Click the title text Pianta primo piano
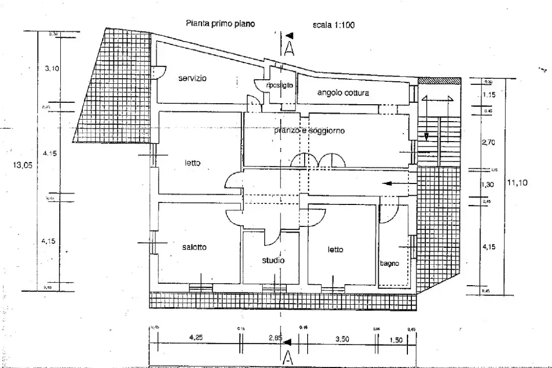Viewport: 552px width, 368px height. pos(220,24)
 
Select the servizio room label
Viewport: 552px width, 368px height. pos(193,79)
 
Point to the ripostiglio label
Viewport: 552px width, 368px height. pos(280,86)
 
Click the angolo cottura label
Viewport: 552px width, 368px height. pos(342,93)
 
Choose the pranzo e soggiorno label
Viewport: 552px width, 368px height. pos(309,131)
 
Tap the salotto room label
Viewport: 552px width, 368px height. pos(194,247)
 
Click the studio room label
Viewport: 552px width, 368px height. pos(273,260)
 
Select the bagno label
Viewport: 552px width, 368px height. pos(389,264)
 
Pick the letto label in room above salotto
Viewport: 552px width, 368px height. pos(193,163)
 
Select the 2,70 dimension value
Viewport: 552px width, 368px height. pos(489,143)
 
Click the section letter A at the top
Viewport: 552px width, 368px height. pos(289,49)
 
